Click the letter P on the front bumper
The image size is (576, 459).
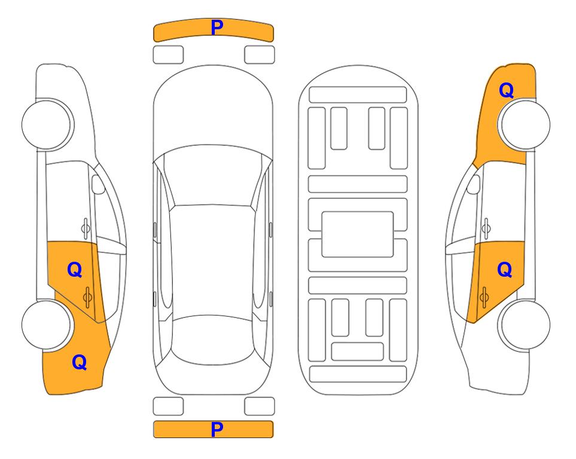click(x=217, y=27)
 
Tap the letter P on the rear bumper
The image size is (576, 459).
click(x=217, y=429)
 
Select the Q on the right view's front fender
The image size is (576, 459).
click(x=506, y=90)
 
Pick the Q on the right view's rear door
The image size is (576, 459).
click(x=504, y=270)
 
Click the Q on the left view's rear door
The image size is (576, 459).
click(x=75, y=270)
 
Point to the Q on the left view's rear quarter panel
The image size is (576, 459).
click(x=80, y=362)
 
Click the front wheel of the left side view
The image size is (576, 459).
click(x=47, y=124)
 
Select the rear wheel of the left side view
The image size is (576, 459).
click(x=47, y=325)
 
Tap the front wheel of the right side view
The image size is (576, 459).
click(x=525, y=124)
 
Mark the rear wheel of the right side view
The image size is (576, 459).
click(x=525, y=325)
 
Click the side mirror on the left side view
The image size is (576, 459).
click(x=98, y=184)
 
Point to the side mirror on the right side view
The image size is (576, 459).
click(x=473, y=184)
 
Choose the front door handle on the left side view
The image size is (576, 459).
click(x=86, y=228)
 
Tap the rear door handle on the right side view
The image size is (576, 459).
click(x=484, y=297)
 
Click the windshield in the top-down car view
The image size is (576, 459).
click(x=212, y=176)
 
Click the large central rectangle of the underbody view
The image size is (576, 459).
click(x=358, y=234)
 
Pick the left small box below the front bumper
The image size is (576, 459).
click(x=168, y=55)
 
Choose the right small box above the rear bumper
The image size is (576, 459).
click(x=260, y=406)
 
